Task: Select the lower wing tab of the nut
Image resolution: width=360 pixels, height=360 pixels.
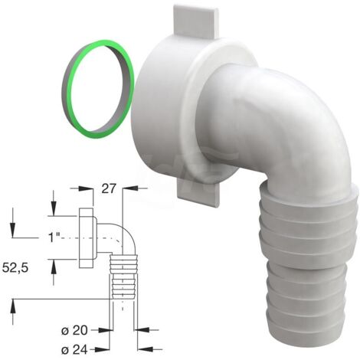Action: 198,194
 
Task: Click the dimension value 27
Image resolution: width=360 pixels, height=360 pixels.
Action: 109,189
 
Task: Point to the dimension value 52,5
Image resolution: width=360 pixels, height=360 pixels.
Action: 15,268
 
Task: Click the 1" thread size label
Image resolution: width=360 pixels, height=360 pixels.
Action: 54,237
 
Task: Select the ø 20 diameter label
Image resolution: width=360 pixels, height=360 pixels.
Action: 74,331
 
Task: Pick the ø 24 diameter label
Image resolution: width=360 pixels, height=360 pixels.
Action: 74,349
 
